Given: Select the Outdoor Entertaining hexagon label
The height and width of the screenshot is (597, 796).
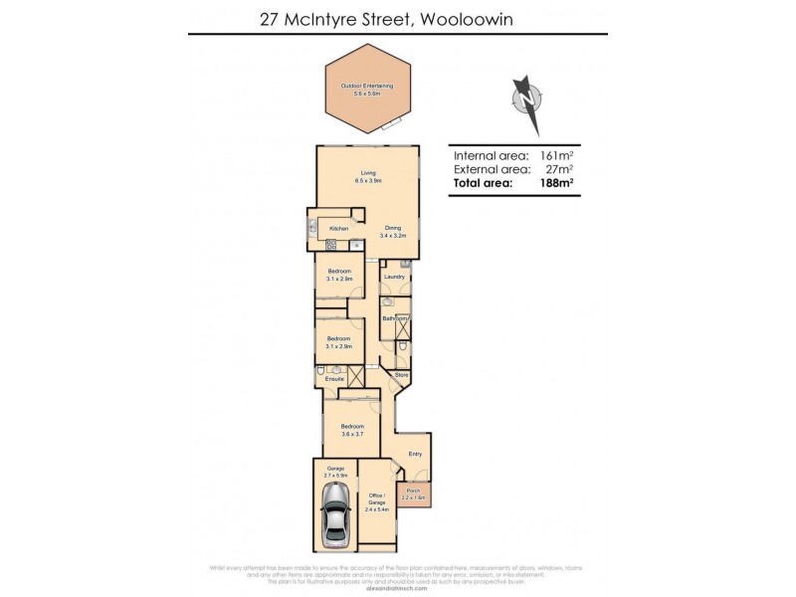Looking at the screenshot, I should [367, 90].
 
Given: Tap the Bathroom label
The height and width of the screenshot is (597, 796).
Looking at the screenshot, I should [395, 318].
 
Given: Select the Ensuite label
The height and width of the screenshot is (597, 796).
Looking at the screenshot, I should [334, 379].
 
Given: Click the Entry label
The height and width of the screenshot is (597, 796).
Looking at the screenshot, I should [414, 454].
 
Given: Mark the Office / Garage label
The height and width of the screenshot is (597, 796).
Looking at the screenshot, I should [376, 501].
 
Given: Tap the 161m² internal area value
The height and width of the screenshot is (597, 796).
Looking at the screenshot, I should [555, 156].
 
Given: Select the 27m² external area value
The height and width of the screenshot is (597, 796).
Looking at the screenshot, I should [559, 170].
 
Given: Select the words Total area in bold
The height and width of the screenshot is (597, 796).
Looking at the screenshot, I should [483, 184].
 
